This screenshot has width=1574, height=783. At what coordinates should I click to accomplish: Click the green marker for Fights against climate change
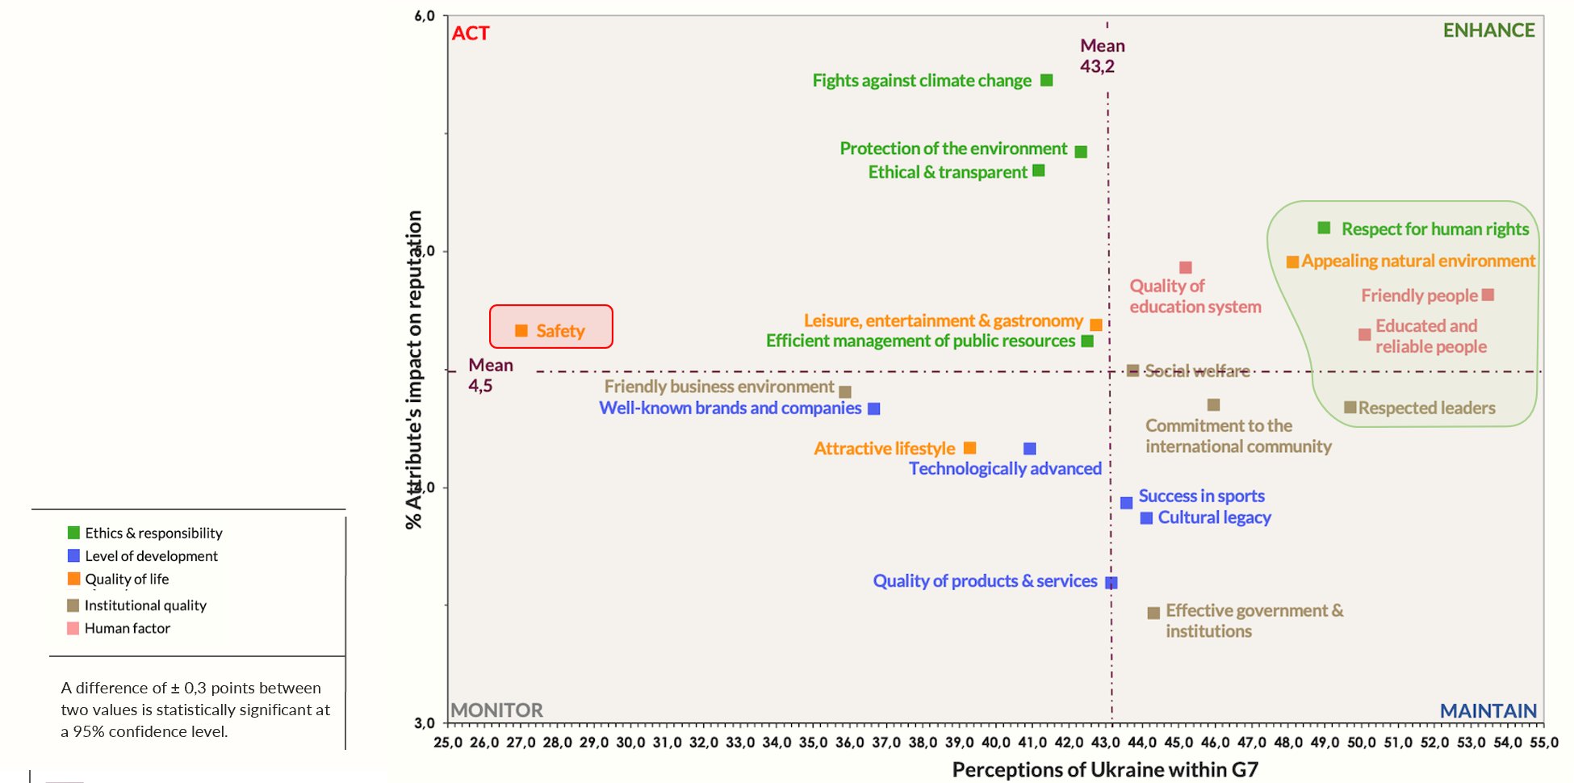[1046, 81]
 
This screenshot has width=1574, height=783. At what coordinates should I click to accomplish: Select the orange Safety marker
[521, 331]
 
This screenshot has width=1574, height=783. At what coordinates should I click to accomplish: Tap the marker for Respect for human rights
[1324, 228]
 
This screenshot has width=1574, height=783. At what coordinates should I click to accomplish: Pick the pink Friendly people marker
[1488, 295]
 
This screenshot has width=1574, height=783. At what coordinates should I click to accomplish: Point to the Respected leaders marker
[1350, 408]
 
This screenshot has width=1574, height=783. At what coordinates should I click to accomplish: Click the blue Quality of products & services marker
[1111, 582]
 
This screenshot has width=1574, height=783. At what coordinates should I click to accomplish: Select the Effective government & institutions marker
[1153, 613]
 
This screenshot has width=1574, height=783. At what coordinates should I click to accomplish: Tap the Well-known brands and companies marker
[873, 409]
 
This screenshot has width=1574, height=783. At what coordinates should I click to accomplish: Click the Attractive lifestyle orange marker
[970, 448]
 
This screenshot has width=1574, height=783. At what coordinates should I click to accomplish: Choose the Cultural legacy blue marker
[1146, 518]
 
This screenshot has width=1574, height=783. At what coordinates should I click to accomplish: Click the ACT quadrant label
[471, 33]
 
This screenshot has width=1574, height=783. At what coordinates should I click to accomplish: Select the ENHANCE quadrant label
[1488, 31]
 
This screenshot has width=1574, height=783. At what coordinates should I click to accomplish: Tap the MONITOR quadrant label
[496, 710]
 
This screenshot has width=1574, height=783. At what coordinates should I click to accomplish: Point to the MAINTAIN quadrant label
[1488, 711]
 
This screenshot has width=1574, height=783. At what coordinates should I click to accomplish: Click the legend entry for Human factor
[128, 628]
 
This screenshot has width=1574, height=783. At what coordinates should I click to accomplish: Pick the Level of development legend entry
[151, 556]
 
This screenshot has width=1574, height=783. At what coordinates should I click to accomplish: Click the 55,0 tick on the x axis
[1543, 743]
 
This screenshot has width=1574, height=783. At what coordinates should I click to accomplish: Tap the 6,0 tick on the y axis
[425, 16]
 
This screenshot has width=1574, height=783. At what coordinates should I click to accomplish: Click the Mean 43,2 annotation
[1102, 56]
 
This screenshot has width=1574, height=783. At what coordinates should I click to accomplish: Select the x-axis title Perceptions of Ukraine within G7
[1105, 770]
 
